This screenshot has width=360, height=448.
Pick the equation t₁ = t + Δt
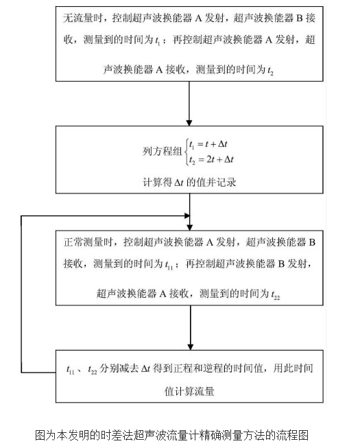pos(211,143)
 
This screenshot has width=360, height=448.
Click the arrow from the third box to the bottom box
pos(189,329)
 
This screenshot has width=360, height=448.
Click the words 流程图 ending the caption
pos(296,435)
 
